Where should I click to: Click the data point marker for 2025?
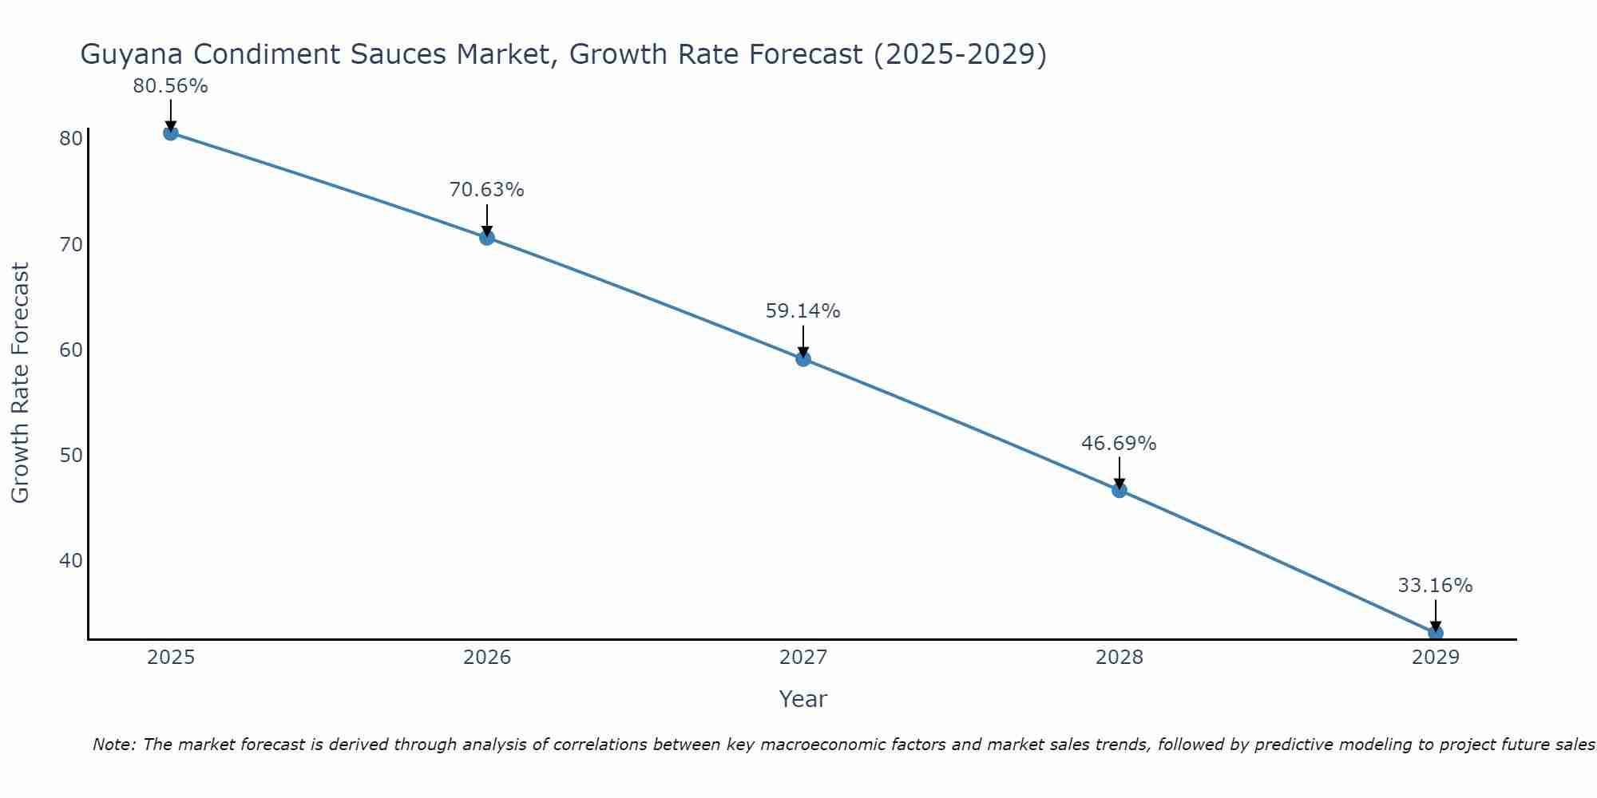170,132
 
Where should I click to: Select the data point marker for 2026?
487,237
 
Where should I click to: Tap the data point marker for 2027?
803,359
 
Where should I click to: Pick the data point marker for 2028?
1119,490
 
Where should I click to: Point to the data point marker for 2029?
1435,633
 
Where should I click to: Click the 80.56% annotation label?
170,86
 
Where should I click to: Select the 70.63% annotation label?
486,190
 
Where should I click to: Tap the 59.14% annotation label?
802,311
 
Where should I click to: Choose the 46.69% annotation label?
1119,444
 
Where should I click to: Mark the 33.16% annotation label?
1435,586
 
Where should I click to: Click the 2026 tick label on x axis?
487,658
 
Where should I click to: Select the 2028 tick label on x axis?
1119,658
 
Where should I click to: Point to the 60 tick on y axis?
71,350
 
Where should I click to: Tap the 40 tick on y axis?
71,560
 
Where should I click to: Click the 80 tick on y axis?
71,139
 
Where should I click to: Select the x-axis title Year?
802,699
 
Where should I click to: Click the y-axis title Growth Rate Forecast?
20,382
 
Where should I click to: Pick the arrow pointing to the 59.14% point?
803,341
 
